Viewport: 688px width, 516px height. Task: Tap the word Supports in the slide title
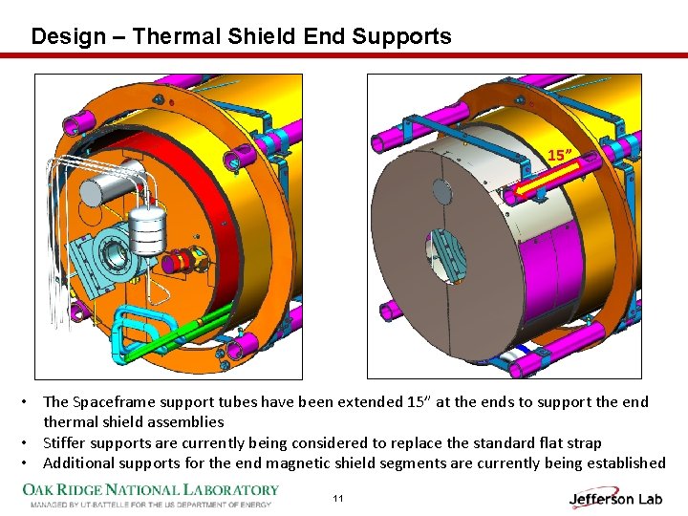click(x=401, y=37)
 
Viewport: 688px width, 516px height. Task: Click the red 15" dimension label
click(x=560, y=155)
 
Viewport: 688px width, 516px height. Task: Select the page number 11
click(x=338, y=498)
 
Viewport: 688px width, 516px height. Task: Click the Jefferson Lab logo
click(x=615, y=498)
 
